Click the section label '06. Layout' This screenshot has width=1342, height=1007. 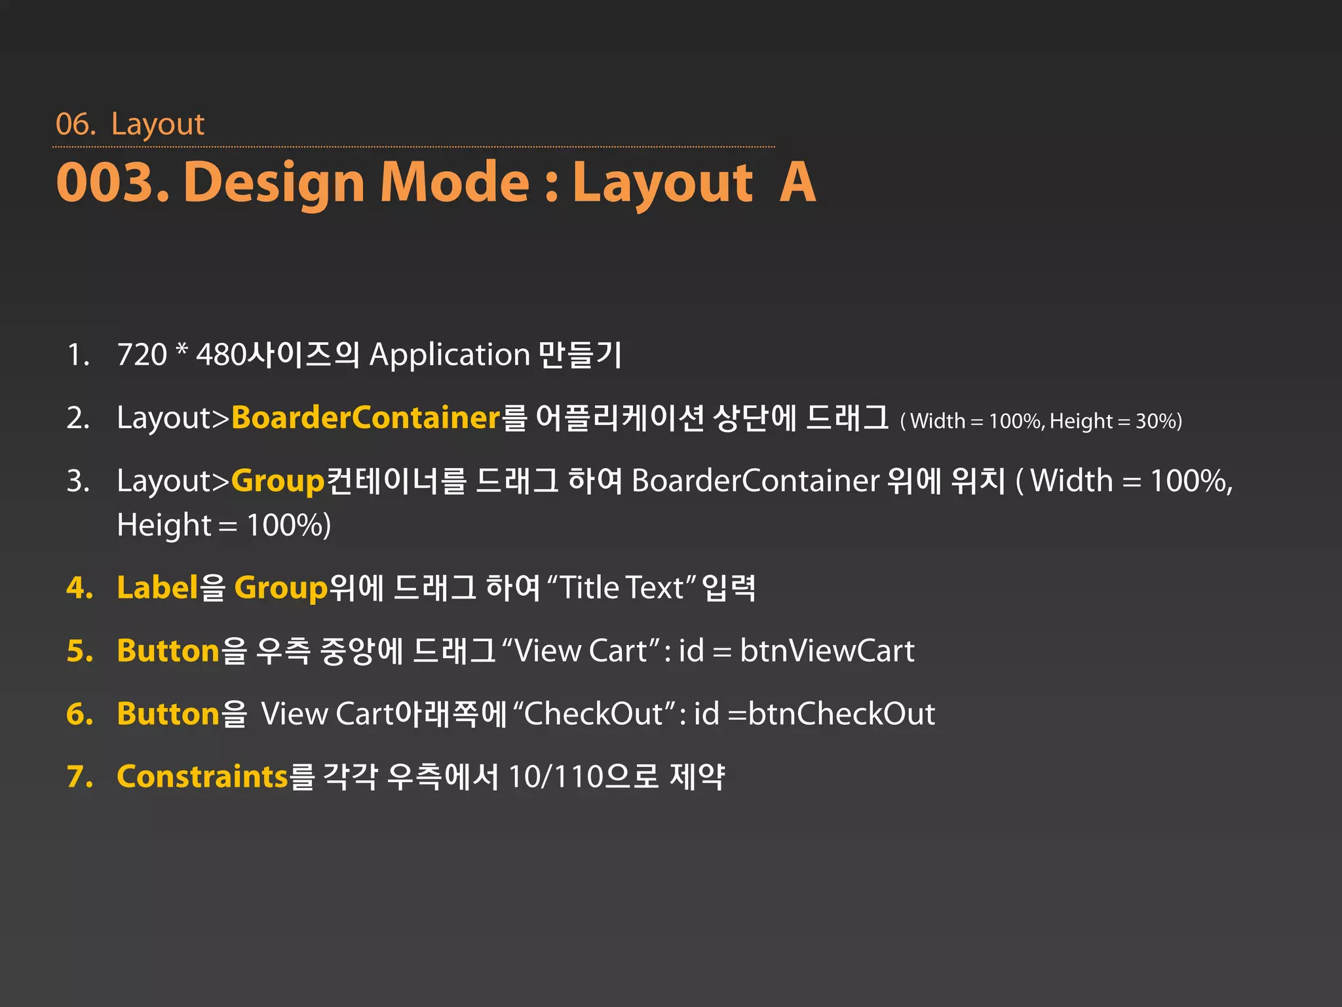(x=130, y=124)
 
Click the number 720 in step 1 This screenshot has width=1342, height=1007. (x=142, y=355)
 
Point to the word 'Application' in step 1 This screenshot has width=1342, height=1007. (x=450, y=355)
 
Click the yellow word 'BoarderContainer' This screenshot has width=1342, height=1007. (x=366, y=418)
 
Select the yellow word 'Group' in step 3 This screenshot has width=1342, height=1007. (x=278, y=481)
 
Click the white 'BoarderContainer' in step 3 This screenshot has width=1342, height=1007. (x=755, y=481)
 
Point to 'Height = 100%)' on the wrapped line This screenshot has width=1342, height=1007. (x=223, y=525)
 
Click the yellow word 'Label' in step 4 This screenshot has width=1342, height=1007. (x=157, y=587)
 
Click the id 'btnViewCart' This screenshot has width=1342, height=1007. (x=827, y=651)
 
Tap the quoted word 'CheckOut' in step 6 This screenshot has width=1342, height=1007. (x=593, y=714)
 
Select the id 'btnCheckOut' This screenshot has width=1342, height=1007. (x=841, y=714)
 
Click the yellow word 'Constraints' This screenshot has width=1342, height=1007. (x=202, y=777)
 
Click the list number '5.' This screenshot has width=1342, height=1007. (x=80, y=651)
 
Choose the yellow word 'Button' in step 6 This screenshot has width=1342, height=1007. (x=168, y=714)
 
